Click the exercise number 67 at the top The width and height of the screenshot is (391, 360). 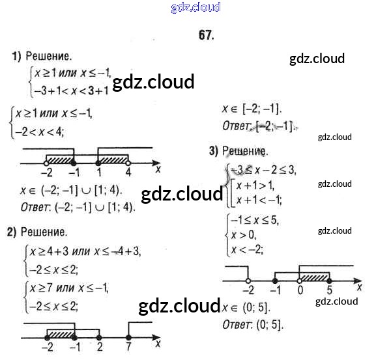pyautogui.click(x=206, y=35)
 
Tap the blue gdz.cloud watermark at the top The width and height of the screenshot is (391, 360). pyautogui.click(x=195, y=7)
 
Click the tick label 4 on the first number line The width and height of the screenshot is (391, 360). pyautogui.click(x=128, y=173)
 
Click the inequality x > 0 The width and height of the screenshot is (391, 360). pyautogui.click(x=244, y=234)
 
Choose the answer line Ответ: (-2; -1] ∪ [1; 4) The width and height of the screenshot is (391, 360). pyautogui.click(x=77, y=208)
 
